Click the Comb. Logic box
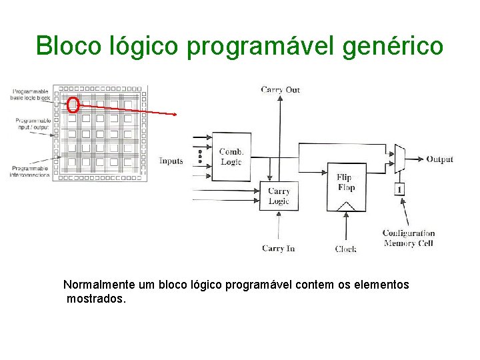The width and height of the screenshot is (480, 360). click(231, 157)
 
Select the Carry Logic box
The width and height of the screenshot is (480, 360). click(279, 196)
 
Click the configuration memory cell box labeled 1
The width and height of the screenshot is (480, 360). click(399, 189)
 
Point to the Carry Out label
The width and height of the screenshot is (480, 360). click(281, 89)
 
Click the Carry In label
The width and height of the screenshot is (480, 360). click(278, 249)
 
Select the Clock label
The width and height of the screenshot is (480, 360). click(345, 249)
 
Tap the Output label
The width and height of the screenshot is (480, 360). click(439, 159)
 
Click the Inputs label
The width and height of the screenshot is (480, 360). click(171, 161)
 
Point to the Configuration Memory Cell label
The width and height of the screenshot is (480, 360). click(408, 238)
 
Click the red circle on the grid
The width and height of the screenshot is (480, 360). click(73, 105)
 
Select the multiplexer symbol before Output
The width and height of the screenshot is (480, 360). click(399, 157)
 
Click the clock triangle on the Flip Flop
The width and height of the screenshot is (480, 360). click(345, 207)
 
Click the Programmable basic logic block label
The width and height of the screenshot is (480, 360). click(30, 94)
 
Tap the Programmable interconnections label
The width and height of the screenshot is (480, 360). click(29, 171)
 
